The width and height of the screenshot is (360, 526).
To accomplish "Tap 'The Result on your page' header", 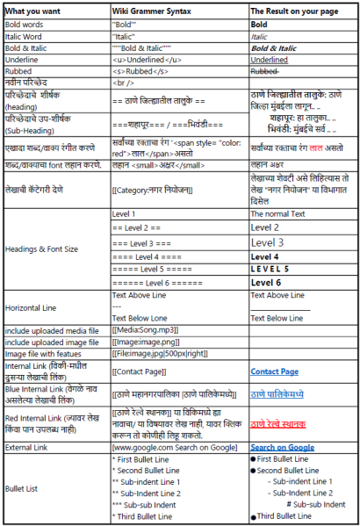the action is tap(295, 10).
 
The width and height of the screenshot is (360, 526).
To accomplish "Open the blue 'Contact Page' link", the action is tap(275, 371).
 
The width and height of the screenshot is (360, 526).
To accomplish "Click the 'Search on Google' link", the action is tap(283, 447).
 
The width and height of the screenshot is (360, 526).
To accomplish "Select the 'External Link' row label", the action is tap(31, 447).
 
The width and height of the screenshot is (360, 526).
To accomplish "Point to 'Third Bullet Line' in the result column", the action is tap(290, 517).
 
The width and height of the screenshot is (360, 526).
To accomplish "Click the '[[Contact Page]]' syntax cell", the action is tap(140, 371).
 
